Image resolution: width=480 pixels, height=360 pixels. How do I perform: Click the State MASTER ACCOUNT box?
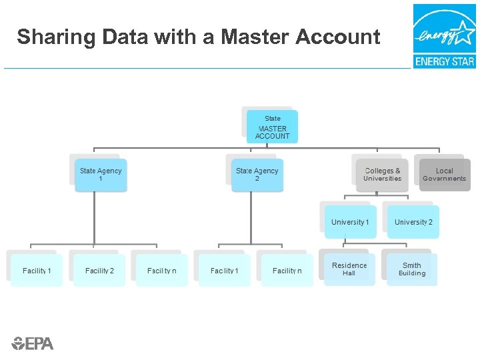click(272, 127)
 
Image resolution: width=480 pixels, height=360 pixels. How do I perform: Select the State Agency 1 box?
click(101, 175)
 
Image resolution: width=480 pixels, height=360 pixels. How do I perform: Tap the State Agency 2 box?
click(257, 175)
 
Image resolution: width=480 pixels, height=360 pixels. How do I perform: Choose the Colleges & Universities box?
click(382, 175)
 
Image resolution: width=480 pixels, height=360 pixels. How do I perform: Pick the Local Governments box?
click(444, 175)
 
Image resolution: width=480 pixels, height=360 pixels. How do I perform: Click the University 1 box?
click(350, 222)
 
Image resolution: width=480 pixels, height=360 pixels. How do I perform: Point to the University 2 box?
click(413, 222)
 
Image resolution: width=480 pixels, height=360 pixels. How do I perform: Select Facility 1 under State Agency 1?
click(37, 271)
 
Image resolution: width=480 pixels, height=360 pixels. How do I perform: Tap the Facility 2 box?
click(99, 271)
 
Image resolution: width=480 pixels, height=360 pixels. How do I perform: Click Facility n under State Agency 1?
click(161, 271)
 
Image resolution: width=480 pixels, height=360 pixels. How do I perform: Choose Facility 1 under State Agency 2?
click(224, 271)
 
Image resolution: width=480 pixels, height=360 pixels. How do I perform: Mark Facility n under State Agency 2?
click(287, 271)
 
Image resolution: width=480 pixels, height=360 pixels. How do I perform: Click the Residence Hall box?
click(349, 269)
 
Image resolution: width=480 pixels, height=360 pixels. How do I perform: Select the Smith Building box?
click(412, 269)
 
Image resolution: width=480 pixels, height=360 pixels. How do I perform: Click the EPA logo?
click(32, 343)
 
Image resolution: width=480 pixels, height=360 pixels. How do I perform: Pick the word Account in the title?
click(339, 37)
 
